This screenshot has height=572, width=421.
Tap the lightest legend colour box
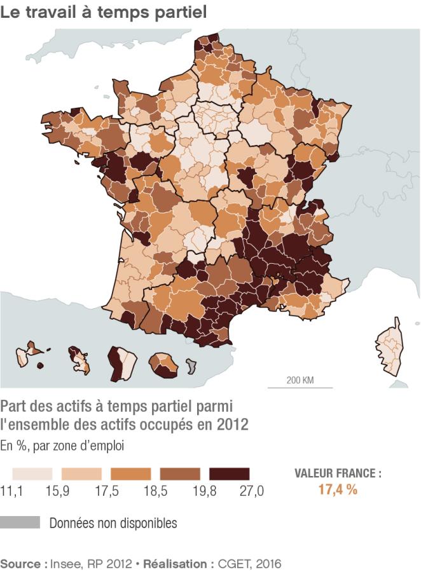(x=32, y=474)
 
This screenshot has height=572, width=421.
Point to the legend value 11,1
(x=11, y=491)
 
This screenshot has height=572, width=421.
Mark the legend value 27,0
(x=251, y=491)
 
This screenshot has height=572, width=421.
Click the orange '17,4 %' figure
(x=338, y=489)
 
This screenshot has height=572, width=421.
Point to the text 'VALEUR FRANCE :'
(x=338, y=473)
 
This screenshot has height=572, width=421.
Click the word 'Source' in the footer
(x=23, y=563)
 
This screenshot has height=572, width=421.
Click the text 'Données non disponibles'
(x=113, y=523)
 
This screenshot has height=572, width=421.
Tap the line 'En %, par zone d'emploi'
(x=62, y=446)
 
